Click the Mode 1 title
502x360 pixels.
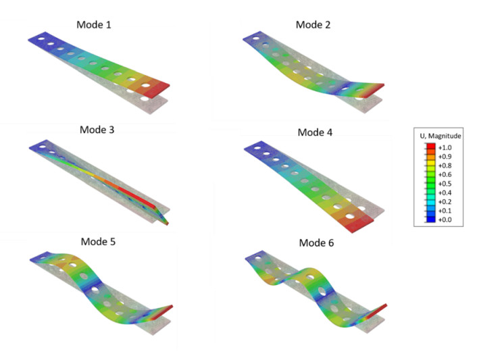[94, 25]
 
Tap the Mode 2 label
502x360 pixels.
[313, 25]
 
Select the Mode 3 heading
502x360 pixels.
[97, 130]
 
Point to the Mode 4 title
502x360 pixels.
[315, 132]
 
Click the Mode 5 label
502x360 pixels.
[98, 242]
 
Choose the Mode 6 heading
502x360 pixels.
[316, 243]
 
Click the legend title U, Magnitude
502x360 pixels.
[441, 136]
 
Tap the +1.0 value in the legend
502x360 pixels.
[445, 147]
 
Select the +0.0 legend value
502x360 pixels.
[445, 220]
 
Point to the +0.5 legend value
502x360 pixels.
[445, 184]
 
